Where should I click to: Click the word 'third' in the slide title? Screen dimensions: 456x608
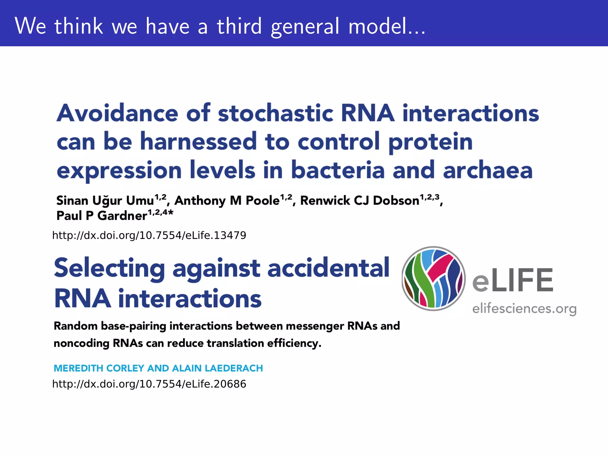click(239, 26)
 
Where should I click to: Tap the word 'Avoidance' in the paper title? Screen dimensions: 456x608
click(118, 113)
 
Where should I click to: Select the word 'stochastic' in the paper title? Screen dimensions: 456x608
click(276, 113)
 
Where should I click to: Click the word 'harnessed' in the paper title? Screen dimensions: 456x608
click(198, 142)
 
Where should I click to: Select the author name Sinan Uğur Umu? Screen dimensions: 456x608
click(105, 201)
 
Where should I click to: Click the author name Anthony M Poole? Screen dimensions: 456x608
click(227, 201)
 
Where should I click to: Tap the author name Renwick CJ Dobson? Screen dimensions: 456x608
click(360, 201)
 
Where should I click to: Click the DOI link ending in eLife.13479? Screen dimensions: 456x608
click(149, 235)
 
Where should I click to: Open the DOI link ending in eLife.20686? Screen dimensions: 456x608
click(149, 384)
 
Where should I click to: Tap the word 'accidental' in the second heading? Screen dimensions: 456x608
click(328, 268)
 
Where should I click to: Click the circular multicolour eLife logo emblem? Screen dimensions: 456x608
click(433, 278)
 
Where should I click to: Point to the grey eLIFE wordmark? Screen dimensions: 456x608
click(513, 280)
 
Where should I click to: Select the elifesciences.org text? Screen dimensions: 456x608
click(524, 309)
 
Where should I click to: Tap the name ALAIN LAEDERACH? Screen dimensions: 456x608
click(217, 368)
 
